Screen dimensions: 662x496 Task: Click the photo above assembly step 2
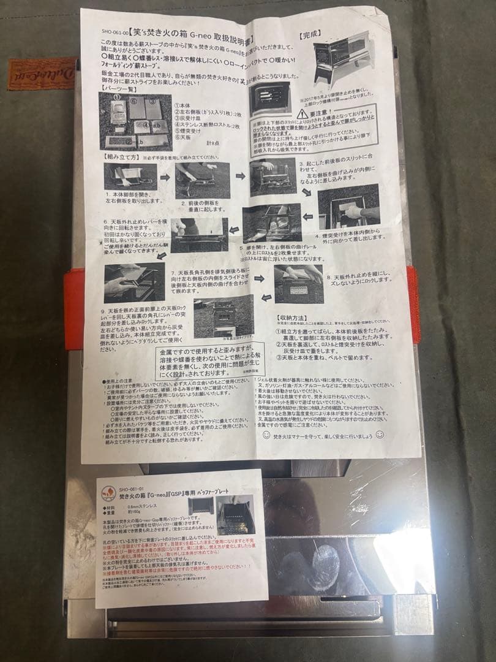[x=202, y=180]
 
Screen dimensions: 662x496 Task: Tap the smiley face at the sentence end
[x=380, y=434]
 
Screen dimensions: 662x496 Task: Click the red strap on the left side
[x=73, y=310]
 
